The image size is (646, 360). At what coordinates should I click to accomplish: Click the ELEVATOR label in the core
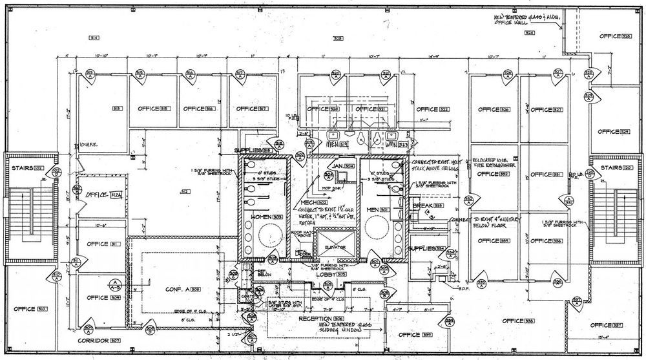click(335, 246)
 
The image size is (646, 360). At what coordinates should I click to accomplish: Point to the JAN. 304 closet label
click(339, 166)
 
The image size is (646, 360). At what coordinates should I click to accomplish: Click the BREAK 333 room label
click(426, 206)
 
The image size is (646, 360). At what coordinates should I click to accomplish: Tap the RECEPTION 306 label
click(321, 319)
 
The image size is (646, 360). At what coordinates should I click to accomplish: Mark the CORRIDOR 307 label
click(100, 339)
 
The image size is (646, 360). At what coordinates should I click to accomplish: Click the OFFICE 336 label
click(547, 241)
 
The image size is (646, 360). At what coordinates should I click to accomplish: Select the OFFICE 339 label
click(414, 334)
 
